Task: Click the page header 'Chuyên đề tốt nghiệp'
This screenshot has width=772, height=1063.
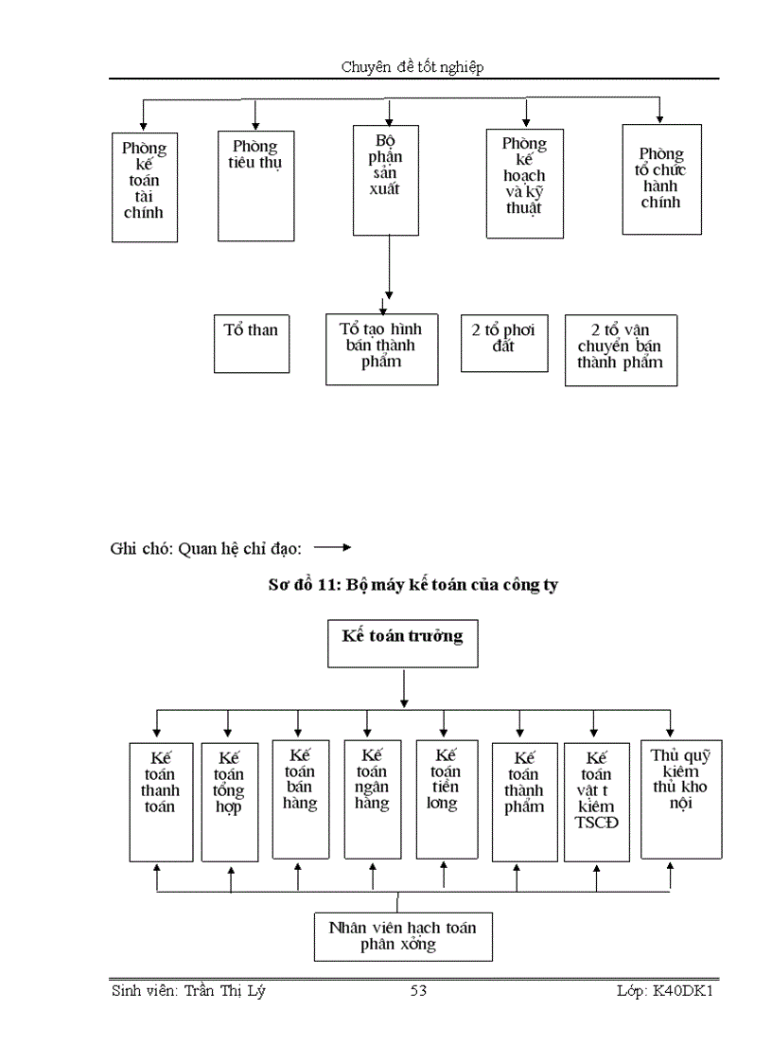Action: [x=413, y=66]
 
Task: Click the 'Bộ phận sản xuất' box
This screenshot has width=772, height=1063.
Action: [x=385, y=179]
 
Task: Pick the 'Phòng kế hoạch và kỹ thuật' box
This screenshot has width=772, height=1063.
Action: [x=524, y=184]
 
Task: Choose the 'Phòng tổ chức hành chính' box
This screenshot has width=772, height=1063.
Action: [x=661, y=180]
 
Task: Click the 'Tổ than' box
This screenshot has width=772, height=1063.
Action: [x=252, y=343]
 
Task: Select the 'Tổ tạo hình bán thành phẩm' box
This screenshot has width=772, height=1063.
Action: [x=381, y=349]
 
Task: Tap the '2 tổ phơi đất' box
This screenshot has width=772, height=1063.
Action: [x=503, y=342]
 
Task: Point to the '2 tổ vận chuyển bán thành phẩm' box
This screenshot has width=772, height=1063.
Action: [x=622, y=350]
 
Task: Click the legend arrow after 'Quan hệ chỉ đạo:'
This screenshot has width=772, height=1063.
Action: [x=332, y=547]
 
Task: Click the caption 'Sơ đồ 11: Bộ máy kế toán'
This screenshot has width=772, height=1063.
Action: [x=412, y=585]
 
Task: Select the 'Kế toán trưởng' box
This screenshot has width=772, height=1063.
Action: [x=403, y=645]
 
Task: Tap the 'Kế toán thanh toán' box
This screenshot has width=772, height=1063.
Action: [x=161, y=801]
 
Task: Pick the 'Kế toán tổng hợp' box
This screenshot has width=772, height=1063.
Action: [x=230, y=801]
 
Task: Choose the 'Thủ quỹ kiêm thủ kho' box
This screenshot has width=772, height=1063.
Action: [x=681, y=798]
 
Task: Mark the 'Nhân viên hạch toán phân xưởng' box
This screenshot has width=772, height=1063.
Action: [x=403, y=935]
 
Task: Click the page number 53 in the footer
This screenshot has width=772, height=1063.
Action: [x=418, y=991]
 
